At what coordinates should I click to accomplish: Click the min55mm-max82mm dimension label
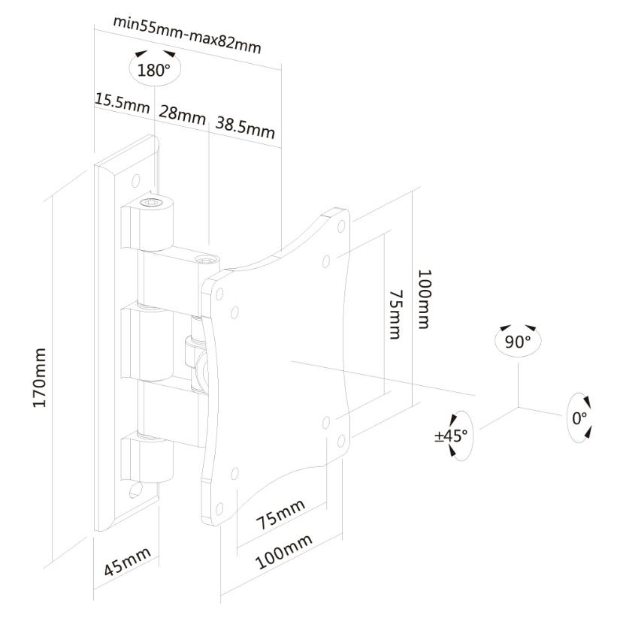187,35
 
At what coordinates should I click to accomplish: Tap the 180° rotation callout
155,68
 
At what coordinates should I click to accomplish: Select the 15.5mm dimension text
122,103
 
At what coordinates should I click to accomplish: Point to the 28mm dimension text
183,115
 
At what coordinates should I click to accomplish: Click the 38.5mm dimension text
245,127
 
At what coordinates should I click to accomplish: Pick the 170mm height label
40,378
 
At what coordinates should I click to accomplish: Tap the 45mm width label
127,562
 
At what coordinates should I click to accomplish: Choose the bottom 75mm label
281,514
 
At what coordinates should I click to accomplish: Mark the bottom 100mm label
283,551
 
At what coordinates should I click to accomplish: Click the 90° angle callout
518,341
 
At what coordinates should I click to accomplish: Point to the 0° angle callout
579,418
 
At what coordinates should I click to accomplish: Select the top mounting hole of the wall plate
135,181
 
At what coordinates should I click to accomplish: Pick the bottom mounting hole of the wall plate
135,490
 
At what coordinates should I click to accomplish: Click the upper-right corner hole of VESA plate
341,226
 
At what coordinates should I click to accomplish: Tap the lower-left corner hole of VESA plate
219,509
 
